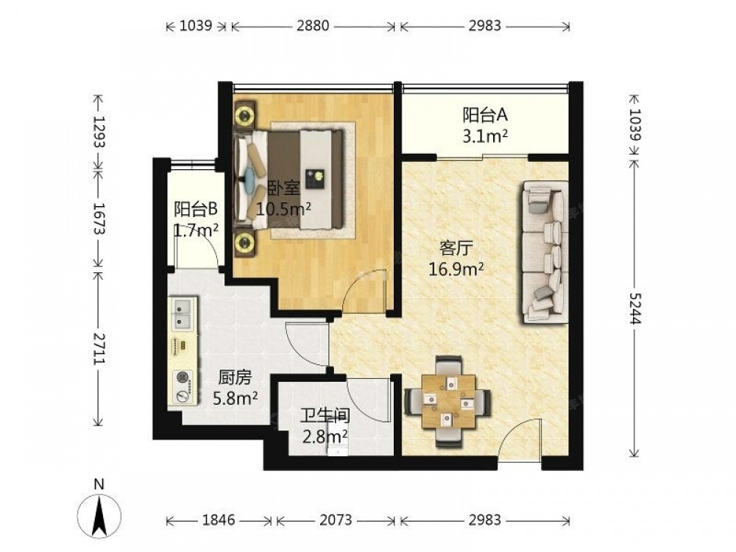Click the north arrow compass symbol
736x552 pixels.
pyautogui.click(x=99, y=516)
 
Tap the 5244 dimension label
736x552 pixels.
pyautogui.click(x=634, y=308)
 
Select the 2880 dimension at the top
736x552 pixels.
pyautogui.click(x=313, y=25)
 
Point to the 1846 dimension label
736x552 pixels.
pyautogui.click(x=219, y=520)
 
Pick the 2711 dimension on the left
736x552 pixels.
pyautogui.click(x=99, y=348)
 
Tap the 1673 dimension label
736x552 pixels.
pyautogui.click(x=99, y=219)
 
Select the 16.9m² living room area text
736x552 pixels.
pyautogui.click(x=456, y=269)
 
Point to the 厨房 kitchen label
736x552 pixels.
pyautogui.click(x=235, y=378)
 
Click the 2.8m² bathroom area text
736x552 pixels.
pyautogui.click(x=325, y=436)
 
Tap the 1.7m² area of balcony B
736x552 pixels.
pyautogui.click(x=196, y=230)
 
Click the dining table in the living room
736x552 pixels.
pyautogui.click(x=447, y=401)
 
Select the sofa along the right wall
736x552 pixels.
pyautogui.click(x=544, y=252)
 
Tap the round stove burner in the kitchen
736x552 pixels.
pyautogui.click(x=183, y=378)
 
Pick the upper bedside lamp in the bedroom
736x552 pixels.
pyautogui.click(x=244, y=114)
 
